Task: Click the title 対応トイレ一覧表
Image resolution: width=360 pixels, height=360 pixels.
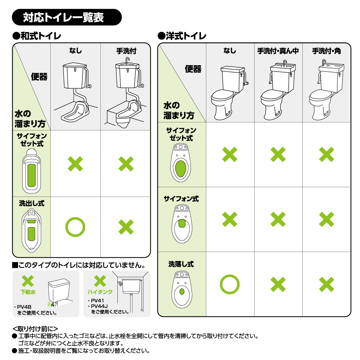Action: [63, 17]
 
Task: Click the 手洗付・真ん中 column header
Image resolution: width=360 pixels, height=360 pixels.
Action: [278, 51]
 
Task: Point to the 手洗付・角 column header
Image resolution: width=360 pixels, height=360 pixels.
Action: [326, 51]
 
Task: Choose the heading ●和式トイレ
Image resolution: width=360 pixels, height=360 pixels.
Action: [37, 36]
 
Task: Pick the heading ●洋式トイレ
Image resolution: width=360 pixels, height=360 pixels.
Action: [182, 36]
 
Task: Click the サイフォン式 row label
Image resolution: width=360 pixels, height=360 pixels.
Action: [181, 199]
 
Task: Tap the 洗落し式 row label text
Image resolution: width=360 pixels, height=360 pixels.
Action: [181, 264]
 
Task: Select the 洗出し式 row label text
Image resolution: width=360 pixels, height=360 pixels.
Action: [32, 203]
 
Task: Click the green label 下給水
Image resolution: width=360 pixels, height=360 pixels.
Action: [28, 292]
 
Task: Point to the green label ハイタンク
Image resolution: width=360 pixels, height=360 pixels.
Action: [100, 292]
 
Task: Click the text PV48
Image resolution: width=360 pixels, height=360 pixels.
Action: [24, 307]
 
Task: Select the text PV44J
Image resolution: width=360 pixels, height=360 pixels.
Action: [99, 306]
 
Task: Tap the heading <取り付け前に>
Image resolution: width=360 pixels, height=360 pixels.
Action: [35, 329]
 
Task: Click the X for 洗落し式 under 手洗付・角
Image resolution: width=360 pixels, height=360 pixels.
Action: [327, 284]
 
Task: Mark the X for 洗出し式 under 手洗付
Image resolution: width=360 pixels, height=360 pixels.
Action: [126, 227]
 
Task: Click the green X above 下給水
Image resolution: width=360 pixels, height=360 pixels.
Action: [28, 281]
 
